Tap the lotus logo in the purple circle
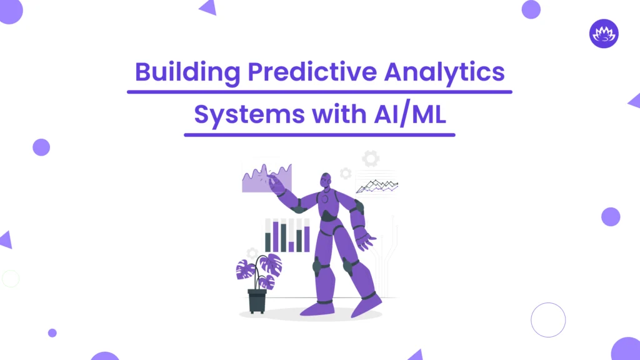pos(604,33)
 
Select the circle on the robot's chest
pos(325,199)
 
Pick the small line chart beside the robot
pos(377,184)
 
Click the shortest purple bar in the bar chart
pos(291,246)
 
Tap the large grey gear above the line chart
pos(371,159)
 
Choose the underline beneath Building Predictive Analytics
pos(319,92)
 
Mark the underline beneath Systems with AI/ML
pos(319,134)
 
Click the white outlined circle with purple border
pos(548,320)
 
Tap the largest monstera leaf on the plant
pos(271,265)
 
